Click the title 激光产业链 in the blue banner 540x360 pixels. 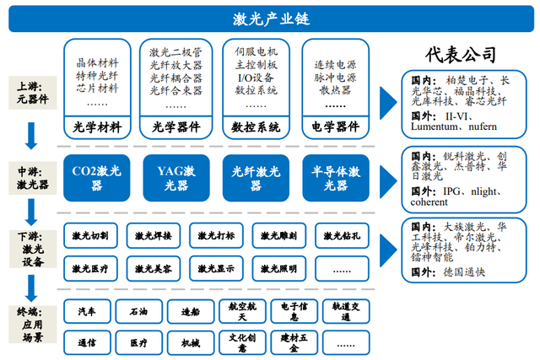click(271, 19)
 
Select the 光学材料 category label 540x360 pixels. click(97, 127)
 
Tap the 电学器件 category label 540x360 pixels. click(336, 126)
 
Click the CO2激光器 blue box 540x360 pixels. click(97, 178)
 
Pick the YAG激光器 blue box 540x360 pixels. click(176, 178)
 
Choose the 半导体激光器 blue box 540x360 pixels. click(336, 178)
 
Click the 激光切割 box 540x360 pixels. click(90, 236)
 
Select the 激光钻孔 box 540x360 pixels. click(342, 236)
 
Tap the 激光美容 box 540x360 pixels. click(154, 268)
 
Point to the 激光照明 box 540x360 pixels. click(279, 268)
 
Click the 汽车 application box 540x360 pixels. click(87, 311)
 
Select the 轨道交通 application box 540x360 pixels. click(346, 311)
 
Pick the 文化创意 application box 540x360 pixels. click(242, 343)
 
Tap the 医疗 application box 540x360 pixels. click(138, 343)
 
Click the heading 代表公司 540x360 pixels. click(461, 54)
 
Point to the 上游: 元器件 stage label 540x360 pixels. click(33, 93)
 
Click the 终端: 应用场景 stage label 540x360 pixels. click(33, 325)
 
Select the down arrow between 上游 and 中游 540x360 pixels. click(31, 136)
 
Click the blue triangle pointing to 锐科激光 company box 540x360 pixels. click(388, 181)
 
